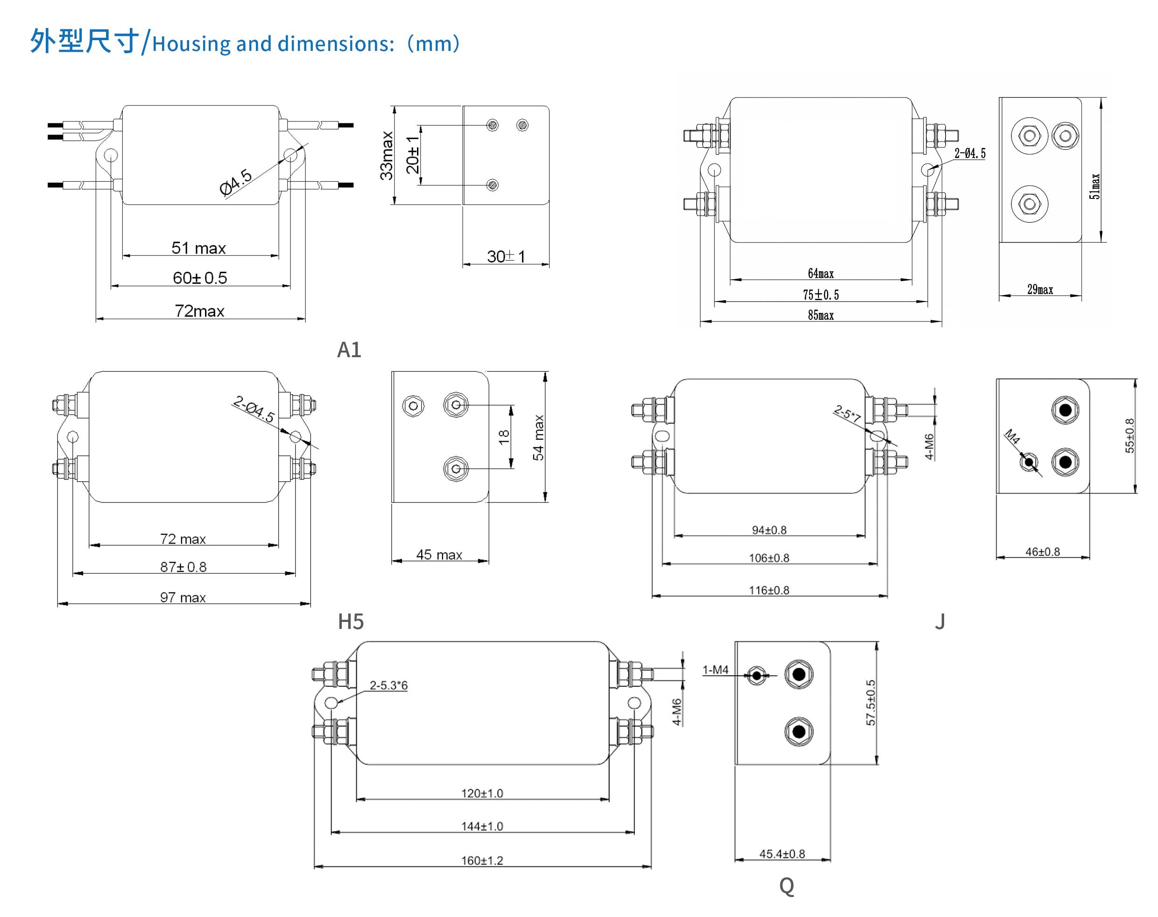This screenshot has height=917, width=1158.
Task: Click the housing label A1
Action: tap(348, 350)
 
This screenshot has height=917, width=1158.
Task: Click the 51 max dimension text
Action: tap(198, 248)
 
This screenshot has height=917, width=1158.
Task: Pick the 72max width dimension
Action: tap(199, 311)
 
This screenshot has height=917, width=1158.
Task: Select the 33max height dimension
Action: tap(387, 155)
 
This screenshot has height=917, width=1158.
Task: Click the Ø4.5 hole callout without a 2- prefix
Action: tap(236, 182)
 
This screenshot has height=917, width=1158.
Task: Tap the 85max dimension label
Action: tap(820, 315)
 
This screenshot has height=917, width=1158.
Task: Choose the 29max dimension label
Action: tap(1039, 289)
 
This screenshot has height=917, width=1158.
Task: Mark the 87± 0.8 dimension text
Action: tap(183, 567)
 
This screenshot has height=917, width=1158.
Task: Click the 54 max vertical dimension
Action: tap(538, 437)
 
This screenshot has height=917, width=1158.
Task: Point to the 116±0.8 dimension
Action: tap(769, 590)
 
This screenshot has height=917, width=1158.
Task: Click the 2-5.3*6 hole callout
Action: tap(388, 685)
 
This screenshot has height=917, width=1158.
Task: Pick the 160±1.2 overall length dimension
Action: tap(482, 860)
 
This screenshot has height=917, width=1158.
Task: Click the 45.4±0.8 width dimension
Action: tap(782, 854)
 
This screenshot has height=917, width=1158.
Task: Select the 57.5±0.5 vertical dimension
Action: tap(870, 702)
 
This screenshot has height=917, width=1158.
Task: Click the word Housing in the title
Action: tap(191, 44)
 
